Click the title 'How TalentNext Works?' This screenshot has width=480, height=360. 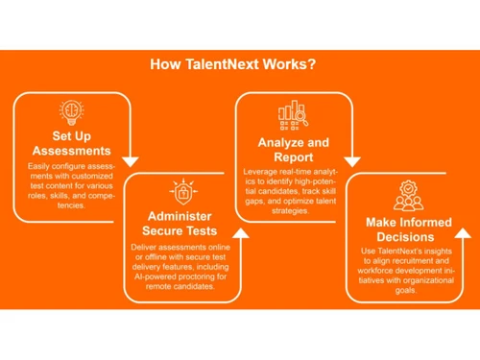point(234,65)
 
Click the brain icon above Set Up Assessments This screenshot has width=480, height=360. point(69,110)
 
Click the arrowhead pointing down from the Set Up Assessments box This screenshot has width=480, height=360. point(132,160)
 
